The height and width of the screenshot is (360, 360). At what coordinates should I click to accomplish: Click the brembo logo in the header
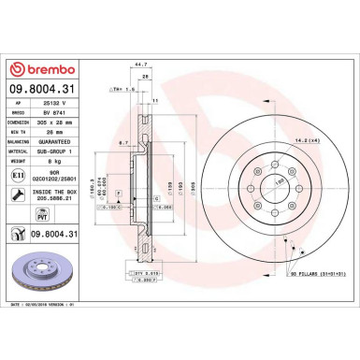(44, 69)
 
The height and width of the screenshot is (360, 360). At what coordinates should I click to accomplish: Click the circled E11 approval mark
(20, 174)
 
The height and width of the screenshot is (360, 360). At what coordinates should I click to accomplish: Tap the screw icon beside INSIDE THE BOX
(20, 194)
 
